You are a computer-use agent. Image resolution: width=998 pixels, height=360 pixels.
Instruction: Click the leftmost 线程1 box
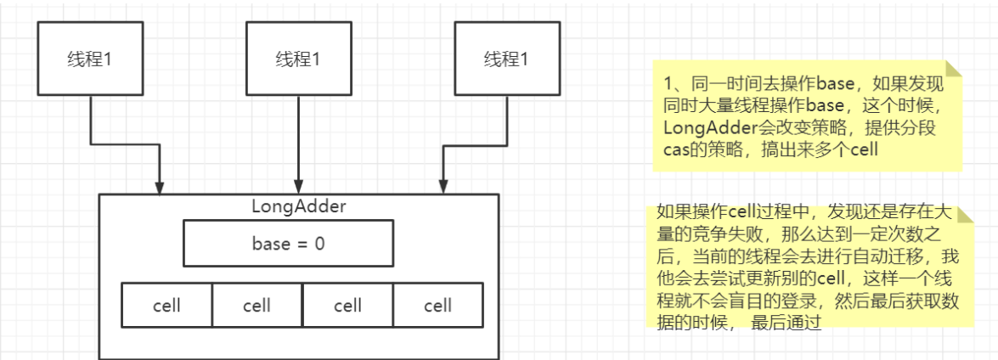(89, 59)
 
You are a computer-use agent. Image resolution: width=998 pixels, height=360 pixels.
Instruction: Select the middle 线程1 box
(298, 59)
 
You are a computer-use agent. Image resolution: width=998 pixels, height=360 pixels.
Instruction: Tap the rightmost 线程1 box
(506, 59)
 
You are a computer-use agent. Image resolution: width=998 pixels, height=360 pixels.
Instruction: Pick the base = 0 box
(288, 245)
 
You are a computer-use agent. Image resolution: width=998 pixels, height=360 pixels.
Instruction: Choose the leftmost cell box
(166, 305)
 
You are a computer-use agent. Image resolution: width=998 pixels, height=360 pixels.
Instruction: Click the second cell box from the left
(257, 305)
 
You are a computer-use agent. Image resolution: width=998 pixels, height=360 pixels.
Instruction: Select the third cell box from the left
(347, 305)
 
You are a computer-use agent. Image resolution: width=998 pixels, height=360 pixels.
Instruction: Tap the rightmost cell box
(437, 305)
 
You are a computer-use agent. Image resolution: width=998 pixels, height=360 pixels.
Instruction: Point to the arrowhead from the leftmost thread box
(159, 187)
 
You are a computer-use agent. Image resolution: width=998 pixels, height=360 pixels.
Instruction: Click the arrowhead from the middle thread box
(298, 187)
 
